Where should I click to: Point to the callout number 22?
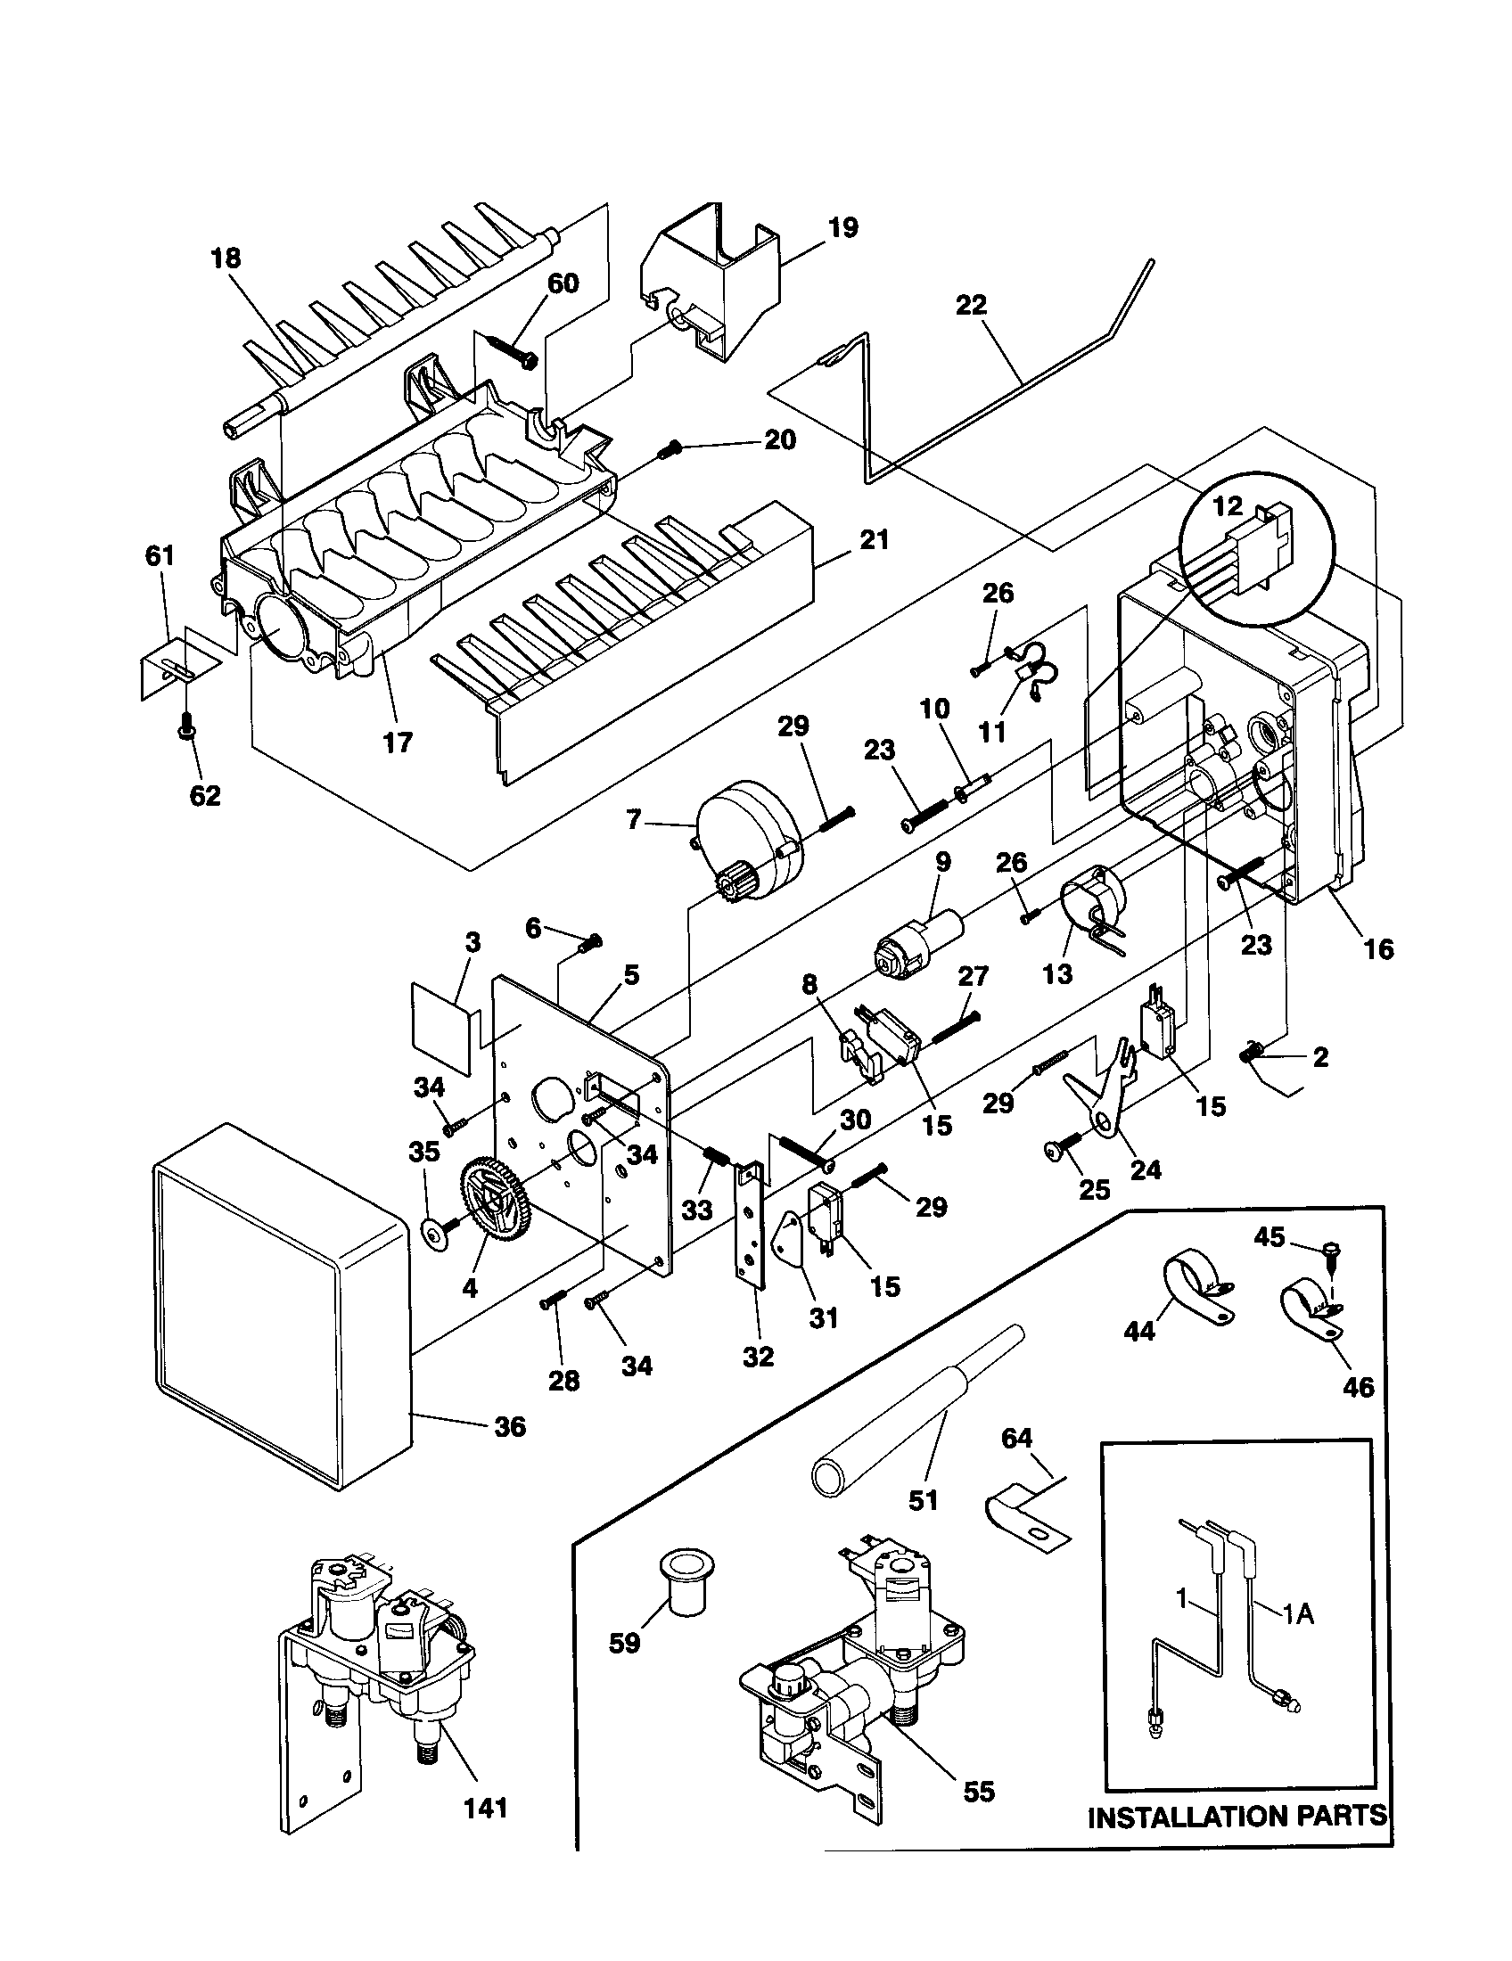(971, 304)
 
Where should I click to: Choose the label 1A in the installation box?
(1297, 1613)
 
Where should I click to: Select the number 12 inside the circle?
(1228, 505)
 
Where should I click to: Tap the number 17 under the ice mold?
(398, 742)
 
